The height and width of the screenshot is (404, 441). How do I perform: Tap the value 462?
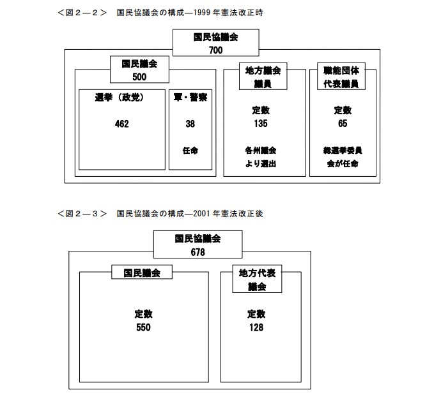(x=121, y=124)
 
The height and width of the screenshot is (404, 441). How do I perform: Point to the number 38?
(x=190, y=124)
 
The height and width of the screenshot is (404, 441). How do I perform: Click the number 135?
(x=259, y=123)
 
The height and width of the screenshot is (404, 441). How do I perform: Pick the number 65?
(x=343, y=123)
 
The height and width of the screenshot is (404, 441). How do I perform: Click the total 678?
(x=197, y=252)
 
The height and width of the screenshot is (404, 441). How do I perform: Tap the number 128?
(x=256, y=327)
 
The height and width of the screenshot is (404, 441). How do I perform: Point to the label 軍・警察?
(x=190, y=97)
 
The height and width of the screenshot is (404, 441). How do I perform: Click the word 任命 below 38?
(x=190, y=151)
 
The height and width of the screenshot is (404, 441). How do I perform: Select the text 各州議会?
(x=259, y=151)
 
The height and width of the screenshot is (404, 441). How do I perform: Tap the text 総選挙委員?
(x=343, y=151)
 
